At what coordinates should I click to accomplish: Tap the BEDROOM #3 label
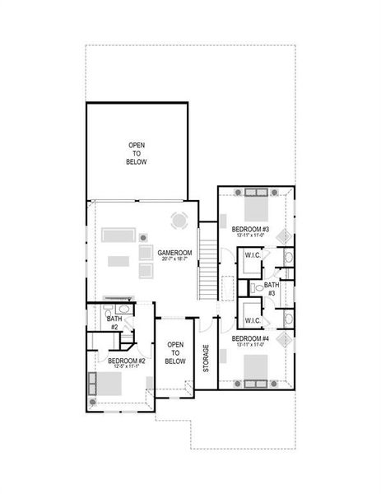pos(249,228)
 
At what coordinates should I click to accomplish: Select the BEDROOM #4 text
pos(249,338)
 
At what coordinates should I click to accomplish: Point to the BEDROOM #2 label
pos(127,361)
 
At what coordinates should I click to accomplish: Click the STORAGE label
pos(206,358)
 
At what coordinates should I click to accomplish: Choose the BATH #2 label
pos(114,322)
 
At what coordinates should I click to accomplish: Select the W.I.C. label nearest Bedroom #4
pos(253,320)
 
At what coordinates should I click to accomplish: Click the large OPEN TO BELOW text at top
pos(137,154)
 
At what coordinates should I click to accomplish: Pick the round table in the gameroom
pos(179,220)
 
